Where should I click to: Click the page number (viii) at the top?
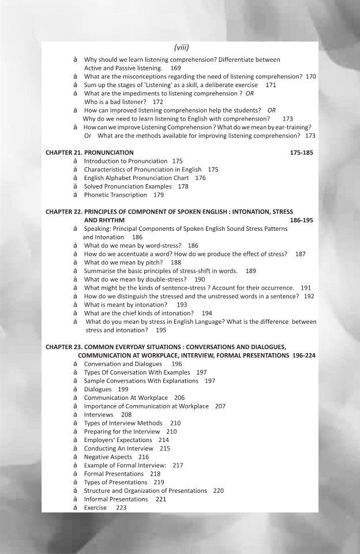pos(182,47)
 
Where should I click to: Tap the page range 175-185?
pos(301,153)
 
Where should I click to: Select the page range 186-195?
pos(301,220)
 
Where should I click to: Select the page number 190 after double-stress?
pos(200,279)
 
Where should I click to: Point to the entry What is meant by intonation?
pos(126,305)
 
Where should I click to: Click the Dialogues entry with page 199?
pos(97,390)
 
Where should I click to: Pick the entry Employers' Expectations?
pos(118,440)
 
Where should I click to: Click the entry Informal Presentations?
pos(116,499)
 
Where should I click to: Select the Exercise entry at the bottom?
pos(95,508)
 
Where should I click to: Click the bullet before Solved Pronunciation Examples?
pos(76,186)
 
